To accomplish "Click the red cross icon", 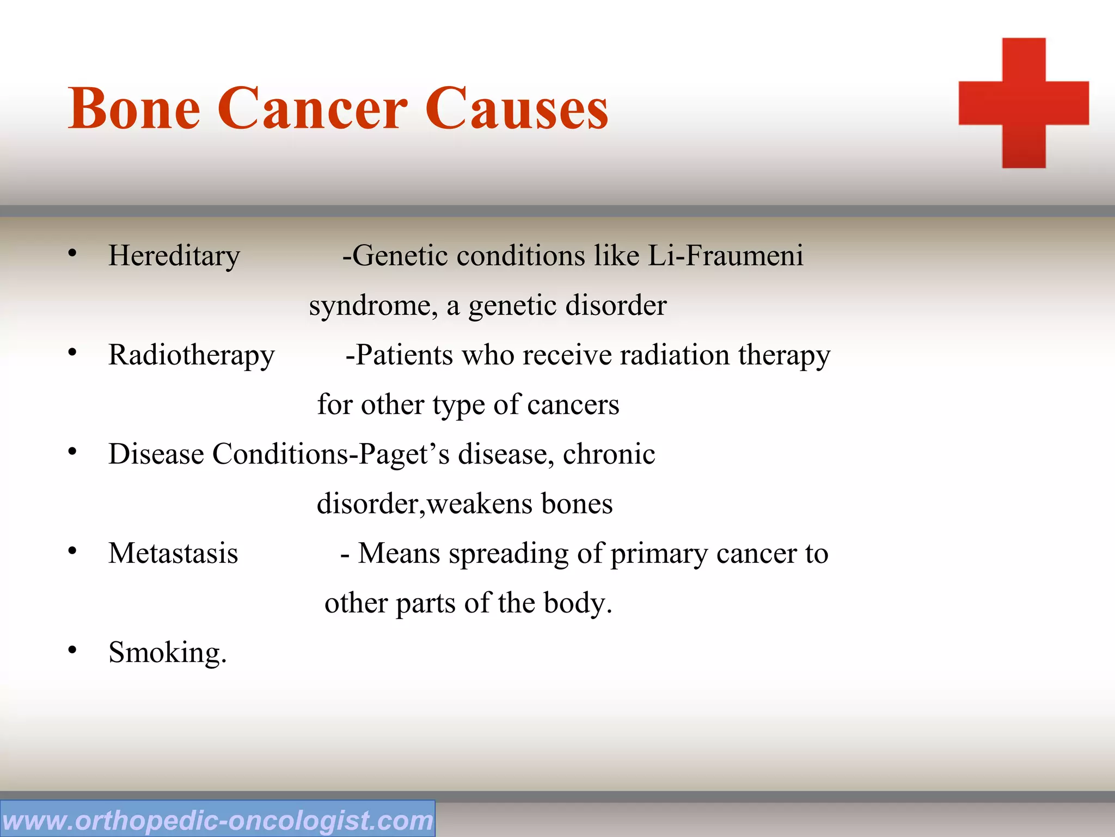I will point(1024,103).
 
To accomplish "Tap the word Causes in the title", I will point(516,108).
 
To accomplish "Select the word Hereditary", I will point(174,256).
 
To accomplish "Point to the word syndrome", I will point(373,306).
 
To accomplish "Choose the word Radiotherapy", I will point(191,355).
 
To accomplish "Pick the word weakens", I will point(480,504).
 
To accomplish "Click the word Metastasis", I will point(173,554).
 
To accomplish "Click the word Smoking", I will point(166,653).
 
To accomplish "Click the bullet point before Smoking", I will point(72,650).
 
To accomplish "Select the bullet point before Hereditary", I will point(72,253).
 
